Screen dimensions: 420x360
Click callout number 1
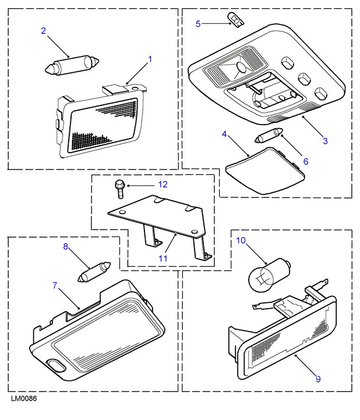coord(150,59)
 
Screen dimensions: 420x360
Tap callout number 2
coord(43,31)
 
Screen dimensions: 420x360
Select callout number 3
coord(326,141)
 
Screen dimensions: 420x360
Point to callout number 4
coord(224,135)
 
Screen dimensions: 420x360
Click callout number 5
coord(198,24)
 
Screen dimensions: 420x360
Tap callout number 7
coord(55,285)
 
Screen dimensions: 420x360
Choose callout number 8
coord(66,247)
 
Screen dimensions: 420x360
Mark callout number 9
coord(318,379)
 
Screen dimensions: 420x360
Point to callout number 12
coord(163,185)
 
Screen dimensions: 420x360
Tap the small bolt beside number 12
coord(119,189)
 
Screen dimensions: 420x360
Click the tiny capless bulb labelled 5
coord(237,22)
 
